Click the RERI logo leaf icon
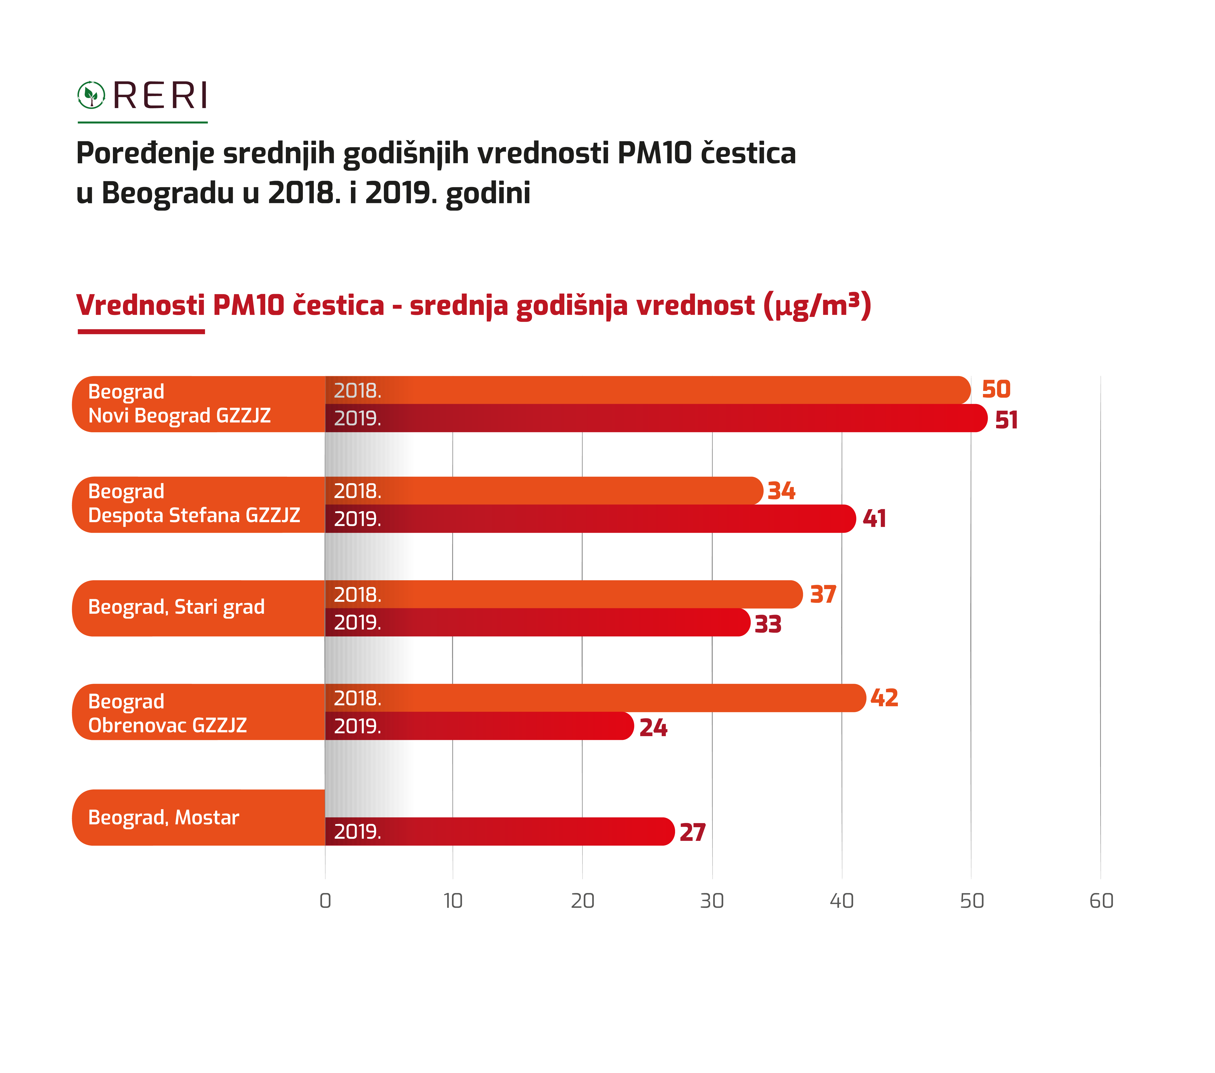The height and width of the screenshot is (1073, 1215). (91, 95)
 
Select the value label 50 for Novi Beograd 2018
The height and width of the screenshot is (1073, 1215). (996, 390)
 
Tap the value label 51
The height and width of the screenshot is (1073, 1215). (1006, 420)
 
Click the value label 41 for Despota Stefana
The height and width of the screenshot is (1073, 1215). (874, 519)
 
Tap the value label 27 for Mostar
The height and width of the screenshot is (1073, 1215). (693, 832)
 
